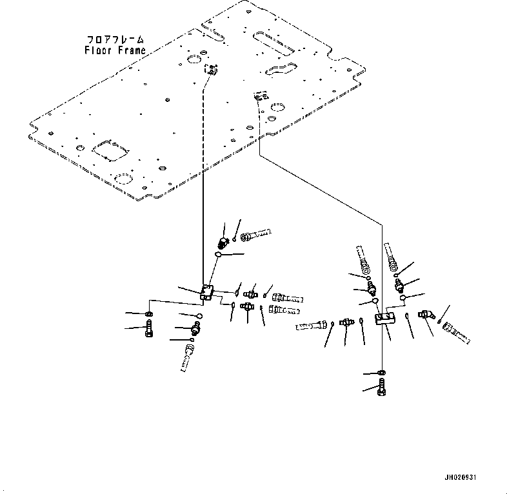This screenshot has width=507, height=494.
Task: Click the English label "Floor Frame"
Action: click(115, 50)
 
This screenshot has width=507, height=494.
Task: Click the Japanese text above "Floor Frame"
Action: click(115, 40)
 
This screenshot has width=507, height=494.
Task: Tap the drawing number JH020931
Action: click(460, 477)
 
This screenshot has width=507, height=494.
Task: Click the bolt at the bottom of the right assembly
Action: click(382, 388)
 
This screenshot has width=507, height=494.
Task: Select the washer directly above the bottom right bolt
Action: click(382, 373)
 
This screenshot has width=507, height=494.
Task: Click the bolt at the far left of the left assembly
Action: click(149, 328)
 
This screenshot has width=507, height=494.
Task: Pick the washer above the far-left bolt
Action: click(149, 313)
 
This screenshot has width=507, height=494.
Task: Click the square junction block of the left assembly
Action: click(206, 291)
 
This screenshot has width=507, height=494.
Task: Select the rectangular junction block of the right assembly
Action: click(385, 318)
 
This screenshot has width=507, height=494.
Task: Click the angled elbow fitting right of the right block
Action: click(426, 314)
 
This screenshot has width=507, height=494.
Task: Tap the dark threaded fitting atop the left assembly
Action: click(223, 242)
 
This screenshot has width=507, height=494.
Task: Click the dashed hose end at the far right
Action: click(456, 333)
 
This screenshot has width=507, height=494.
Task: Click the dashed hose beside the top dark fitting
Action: click(255, 235)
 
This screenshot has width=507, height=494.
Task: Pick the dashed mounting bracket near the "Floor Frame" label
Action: click(211, 69)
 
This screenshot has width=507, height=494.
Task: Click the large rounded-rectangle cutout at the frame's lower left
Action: click(110, 150)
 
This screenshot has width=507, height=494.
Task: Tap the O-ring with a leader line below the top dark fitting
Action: click(219, 255)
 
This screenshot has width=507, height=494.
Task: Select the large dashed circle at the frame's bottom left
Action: click(123, 179)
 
